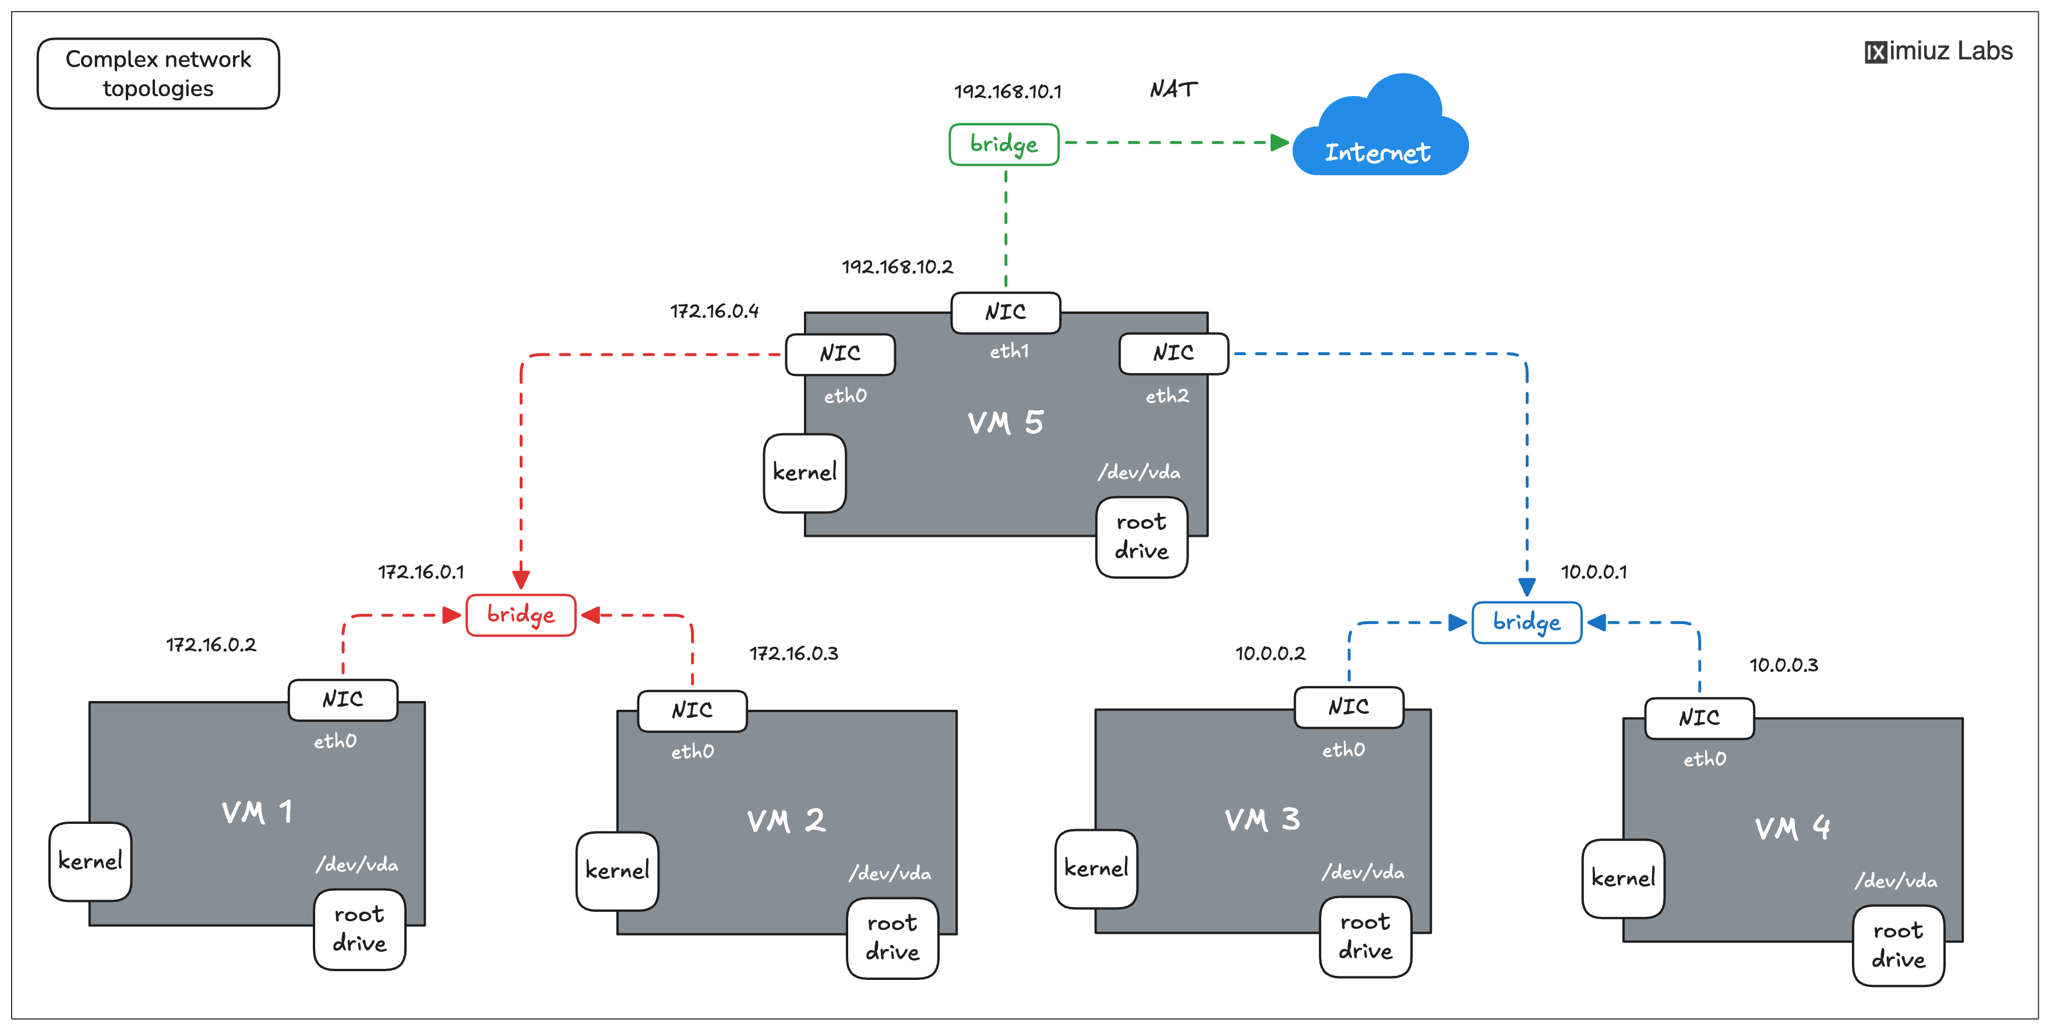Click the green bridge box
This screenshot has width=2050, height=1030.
1004,144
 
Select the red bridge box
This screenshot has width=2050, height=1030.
520,615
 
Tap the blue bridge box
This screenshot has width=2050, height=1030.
1526,622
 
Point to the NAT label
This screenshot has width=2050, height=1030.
1173,89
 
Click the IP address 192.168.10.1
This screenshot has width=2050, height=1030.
1007,91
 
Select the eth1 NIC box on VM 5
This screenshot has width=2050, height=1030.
1005,313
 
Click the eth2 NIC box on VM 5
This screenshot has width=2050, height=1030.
1173,353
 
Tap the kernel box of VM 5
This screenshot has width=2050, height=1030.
805,472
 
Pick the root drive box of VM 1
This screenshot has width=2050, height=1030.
359,929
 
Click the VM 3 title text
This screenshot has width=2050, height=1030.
1262,819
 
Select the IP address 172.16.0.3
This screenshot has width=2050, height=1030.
793,654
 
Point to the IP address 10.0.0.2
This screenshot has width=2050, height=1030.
1270,654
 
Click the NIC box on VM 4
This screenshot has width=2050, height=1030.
1699,718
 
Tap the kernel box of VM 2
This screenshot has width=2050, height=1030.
617,871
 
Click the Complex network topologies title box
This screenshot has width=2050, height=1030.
158,73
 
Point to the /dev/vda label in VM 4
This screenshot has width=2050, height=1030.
1896,880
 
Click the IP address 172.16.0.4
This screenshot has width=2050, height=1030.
714,311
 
